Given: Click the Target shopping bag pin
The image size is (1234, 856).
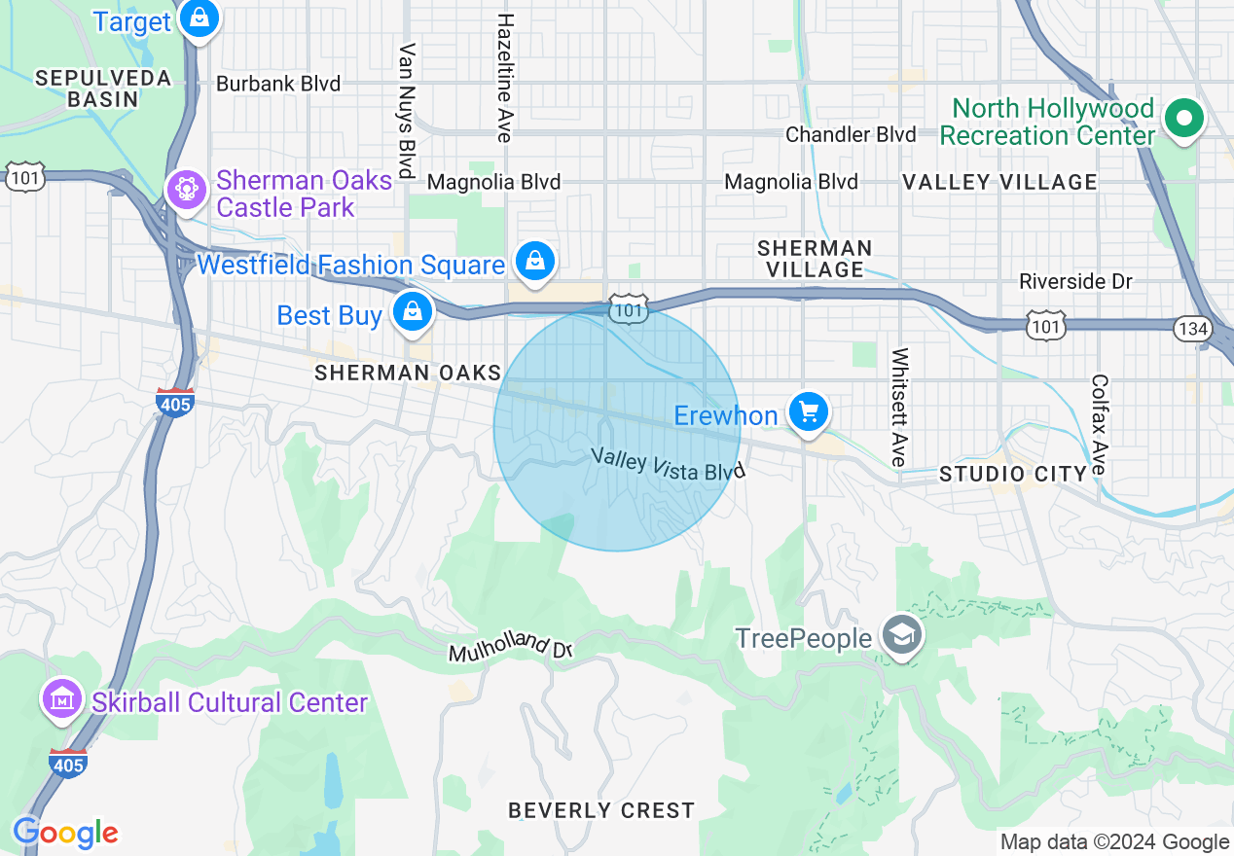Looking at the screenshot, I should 200,18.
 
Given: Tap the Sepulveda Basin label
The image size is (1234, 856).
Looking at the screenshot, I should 103,88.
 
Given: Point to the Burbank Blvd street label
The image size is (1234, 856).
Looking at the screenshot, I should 278,84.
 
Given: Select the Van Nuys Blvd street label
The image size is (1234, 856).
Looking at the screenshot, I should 408,110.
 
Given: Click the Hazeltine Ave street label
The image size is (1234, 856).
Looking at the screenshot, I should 504,78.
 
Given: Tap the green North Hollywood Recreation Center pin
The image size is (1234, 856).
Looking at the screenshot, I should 1183,120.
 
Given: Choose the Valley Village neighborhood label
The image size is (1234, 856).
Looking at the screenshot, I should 999,182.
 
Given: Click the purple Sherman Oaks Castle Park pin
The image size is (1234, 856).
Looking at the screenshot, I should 183,189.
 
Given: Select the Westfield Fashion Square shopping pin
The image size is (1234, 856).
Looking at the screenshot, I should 535,261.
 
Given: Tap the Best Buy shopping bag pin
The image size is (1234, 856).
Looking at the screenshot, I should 413,312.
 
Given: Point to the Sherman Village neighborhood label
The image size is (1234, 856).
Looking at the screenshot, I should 815,259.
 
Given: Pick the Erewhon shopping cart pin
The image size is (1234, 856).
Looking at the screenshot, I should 808,412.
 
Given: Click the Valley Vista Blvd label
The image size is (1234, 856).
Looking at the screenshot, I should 668,463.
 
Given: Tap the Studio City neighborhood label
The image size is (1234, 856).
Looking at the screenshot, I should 1013,474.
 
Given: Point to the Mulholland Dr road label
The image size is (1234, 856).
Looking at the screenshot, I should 509,649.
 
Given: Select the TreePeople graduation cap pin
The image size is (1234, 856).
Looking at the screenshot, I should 902,636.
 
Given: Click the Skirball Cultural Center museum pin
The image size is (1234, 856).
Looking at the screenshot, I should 62,698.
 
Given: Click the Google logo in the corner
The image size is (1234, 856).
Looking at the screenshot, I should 65,833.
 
